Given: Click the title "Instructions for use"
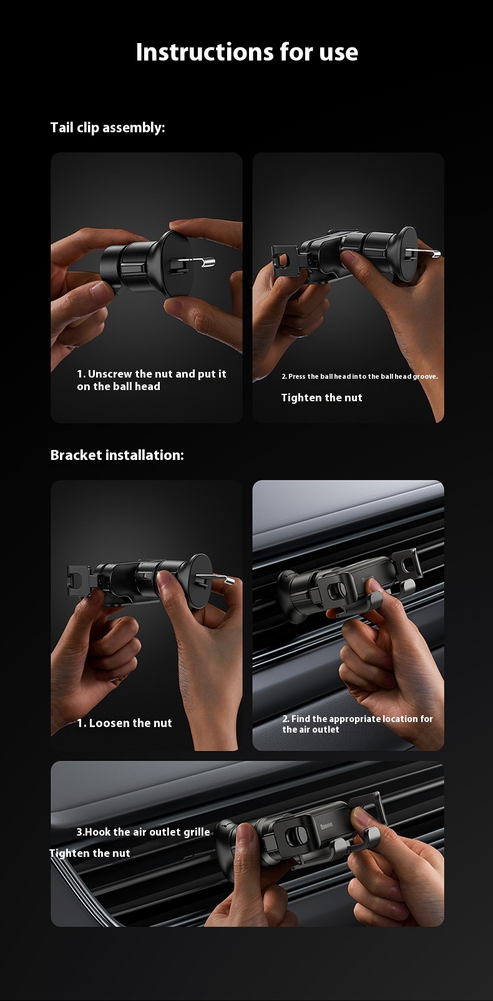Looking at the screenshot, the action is (246, 52).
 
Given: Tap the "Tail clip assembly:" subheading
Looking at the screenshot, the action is (107, 128).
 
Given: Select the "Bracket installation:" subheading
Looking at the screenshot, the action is (117, 455).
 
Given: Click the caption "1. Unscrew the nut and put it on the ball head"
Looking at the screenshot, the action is (152, 380).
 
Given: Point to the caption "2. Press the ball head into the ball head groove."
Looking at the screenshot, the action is (360, 376).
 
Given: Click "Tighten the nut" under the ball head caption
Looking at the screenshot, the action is (322, 398).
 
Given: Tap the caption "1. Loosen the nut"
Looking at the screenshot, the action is (124, 723).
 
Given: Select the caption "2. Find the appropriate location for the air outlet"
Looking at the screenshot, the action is (358, 724).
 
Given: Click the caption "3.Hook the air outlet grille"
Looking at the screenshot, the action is (143, 832).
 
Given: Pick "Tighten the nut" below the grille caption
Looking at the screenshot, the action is (90, 853).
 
